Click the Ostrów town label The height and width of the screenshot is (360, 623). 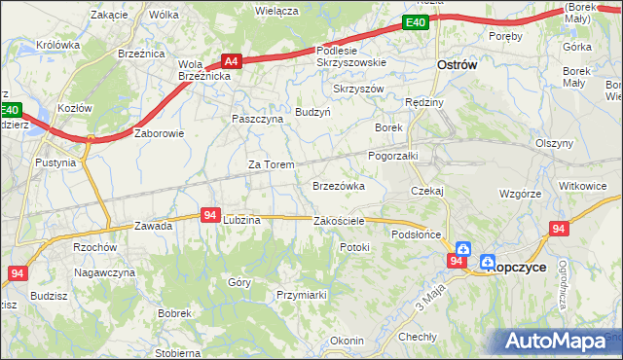(x=455, y=64)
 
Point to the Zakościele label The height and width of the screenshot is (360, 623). (x=339, y=221)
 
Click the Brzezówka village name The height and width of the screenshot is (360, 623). (x=338, y=185)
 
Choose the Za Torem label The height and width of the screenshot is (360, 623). (x=271, y=164)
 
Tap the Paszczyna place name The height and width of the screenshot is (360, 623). (x=257, y=118)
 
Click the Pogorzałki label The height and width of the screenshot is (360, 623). (x=392, y=155)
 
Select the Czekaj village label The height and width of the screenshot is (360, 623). (x=426, y=191)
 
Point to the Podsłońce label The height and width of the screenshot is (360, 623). (x=417, y=234)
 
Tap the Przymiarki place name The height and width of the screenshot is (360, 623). (x=300, y=294)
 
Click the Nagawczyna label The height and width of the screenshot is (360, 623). (x=105, y=273)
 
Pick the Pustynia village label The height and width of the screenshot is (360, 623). (x=55, y=162)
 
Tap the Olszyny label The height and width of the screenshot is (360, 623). (x=554, y=143)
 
